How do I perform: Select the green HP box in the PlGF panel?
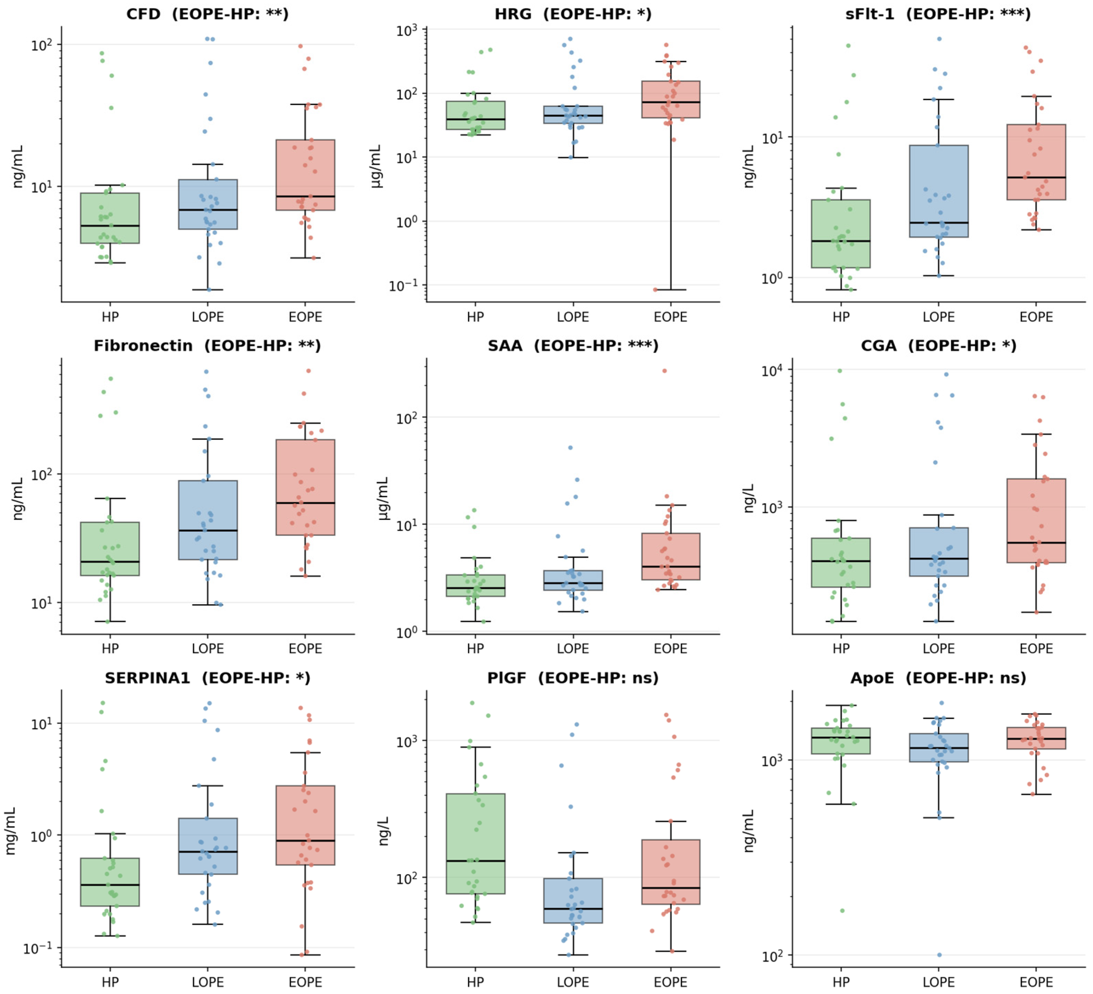pos(475,844)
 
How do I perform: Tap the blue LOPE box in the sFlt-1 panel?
pos(939,191)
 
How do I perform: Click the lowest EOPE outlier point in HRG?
pos(655,290)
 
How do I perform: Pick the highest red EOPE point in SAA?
pos(665,371)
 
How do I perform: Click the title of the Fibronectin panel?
pos(207,345)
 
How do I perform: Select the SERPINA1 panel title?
pos(207,678)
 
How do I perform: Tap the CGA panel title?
pos(939,345)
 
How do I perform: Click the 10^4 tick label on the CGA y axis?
pos(772,370)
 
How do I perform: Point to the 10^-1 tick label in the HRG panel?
pos(403,285)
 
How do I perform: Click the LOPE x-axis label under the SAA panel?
pos(573,649)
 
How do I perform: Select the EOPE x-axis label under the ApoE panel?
pos(1036,982)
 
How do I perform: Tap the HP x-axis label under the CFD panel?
pos(110,317)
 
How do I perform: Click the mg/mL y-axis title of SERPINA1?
pos(10,831)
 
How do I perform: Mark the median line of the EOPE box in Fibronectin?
pos(305,503)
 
